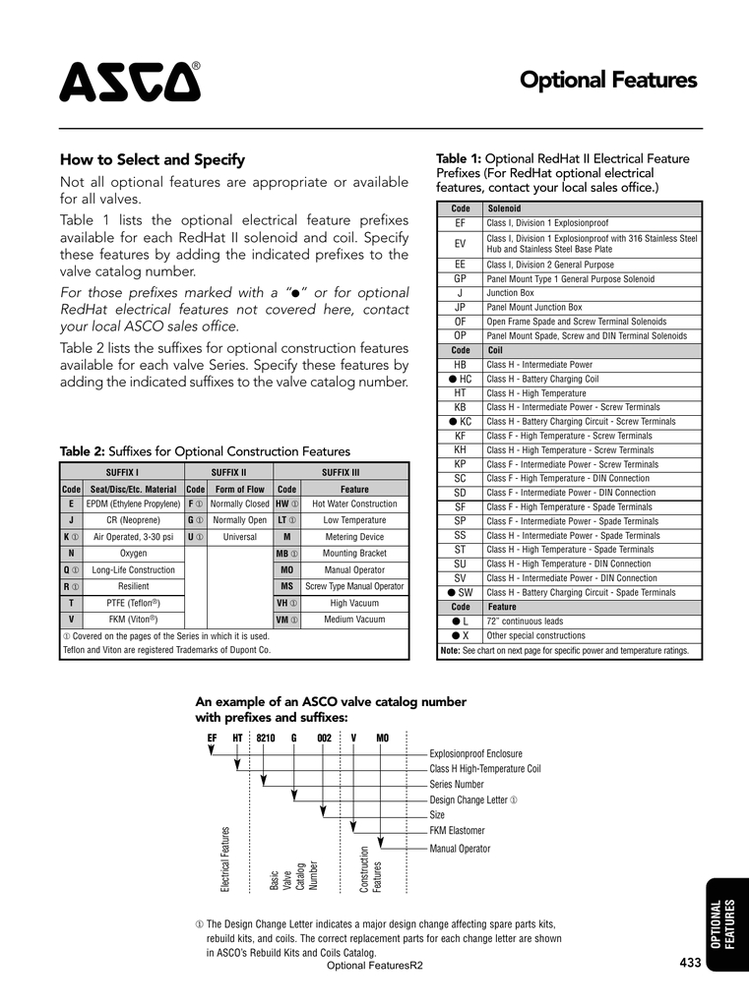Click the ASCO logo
pos(130,82)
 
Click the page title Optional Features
pos(607,81)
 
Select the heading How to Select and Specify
pos(153,159)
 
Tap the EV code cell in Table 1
pos(460,243)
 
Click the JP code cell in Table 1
pos(460,307)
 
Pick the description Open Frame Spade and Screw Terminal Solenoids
pos(576,322)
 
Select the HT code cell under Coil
pos(460,392)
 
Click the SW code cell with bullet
pos(460,593)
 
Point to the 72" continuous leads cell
pos(525,622)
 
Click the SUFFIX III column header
pos(341,472)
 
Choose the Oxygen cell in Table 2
pos(133,553)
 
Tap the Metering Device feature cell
pos(354,537)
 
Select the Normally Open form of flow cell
pos(239,520)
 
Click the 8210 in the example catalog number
pos(266,738)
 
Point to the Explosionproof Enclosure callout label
pos(475,754)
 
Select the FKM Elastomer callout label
pos(457,831)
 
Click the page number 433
pos(690,963)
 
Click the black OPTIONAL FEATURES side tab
pos(723,924)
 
